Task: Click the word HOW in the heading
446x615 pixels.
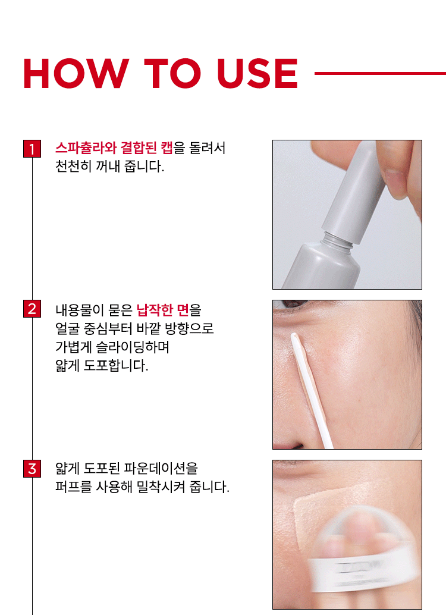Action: click(x=76, y=73)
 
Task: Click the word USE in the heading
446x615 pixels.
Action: click(x=257, y=73)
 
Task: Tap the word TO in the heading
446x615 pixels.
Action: click(x=173, y=73)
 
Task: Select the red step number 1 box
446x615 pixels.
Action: click(x=32, y=149)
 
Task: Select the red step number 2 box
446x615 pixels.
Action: click(x=32, y=309)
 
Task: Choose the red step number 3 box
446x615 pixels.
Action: click(x=32, y=469)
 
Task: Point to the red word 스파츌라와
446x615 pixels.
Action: click(x=86, y=148)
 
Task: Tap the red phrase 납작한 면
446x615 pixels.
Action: click(x=163, y=310)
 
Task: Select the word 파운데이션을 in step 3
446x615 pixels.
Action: click(x=161, y=468)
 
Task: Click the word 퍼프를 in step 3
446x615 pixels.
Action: click(x=73, y=487)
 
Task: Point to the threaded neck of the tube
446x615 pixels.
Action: click(x=337, y=240)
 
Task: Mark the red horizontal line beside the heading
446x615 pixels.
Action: click(x=380, y=73)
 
